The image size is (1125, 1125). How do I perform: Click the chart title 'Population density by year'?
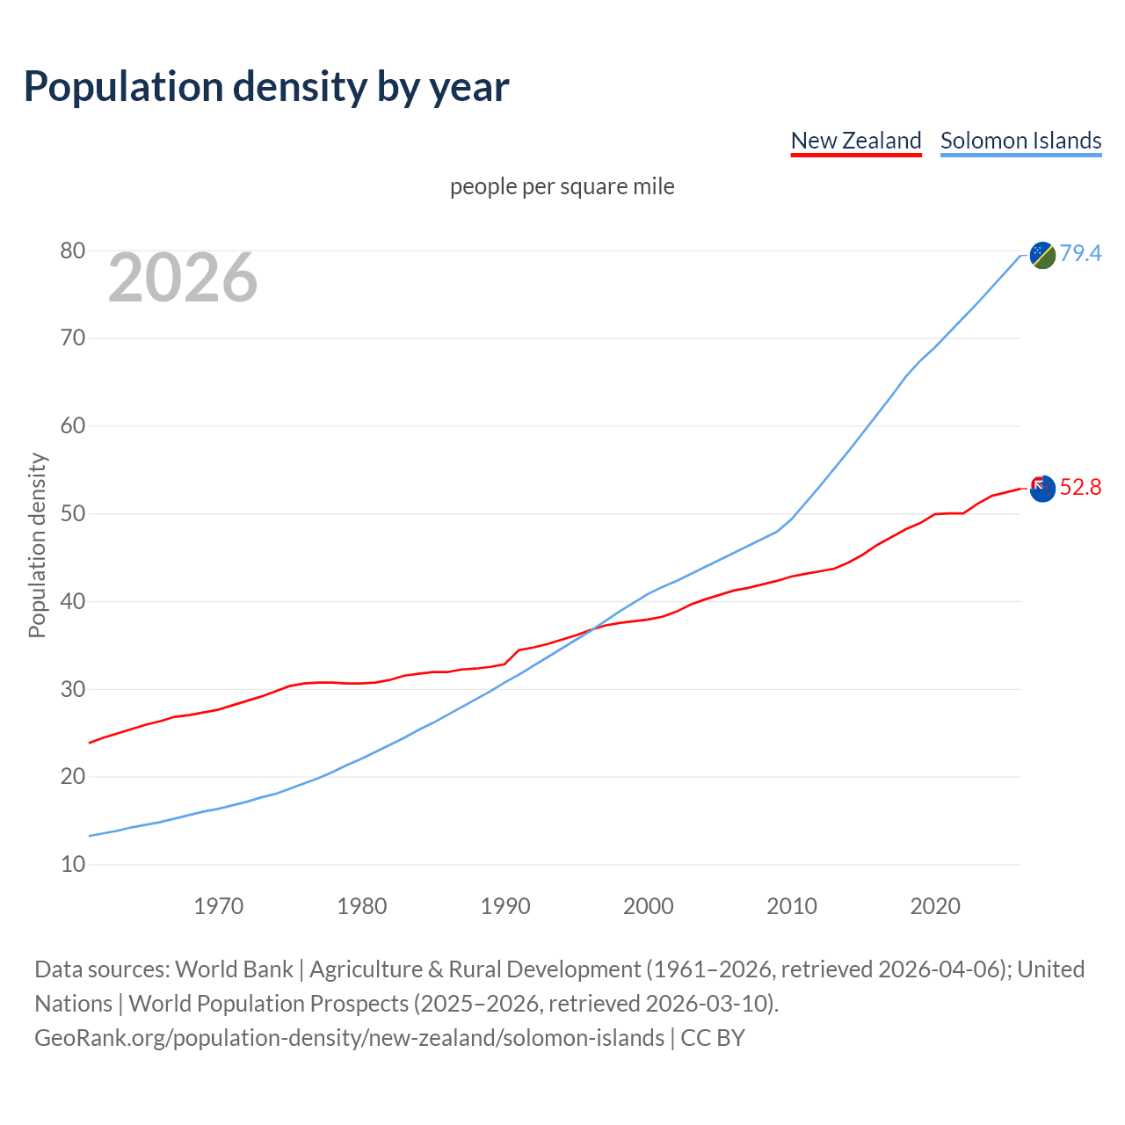point(266,86)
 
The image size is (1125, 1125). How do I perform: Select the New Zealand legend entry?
point(855,141)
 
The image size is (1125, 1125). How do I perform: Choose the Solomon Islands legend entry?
point(1020,141)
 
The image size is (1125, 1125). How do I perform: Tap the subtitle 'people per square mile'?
point(562,186)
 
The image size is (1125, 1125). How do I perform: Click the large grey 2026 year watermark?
point(183,278)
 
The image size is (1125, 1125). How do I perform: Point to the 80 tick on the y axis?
point(73,251)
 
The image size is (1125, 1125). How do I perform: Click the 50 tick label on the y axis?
point(73,514)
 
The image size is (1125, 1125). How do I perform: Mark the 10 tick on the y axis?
point(73,865)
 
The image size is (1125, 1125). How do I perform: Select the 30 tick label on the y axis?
point(73,690)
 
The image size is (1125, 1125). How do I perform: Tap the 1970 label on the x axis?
point(218,906)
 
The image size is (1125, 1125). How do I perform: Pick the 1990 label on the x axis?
point(505,906)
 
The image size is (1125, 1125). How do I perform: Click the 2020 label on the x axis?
point(935,906)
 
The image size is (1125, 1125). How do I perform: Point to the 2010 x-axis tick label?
point(792,906)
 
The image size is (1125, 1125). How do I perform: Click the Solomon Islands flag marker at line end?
point(1042,255)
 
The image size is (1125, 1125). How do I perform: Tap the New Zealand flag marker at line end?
point(1042,488)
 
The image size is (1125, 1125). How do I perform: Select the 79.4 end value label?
point(1080,253)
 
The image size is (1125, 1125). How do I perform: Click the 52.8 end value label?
point(1080,487)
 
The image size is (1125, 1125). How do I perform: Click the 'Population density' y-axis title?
point(37,545)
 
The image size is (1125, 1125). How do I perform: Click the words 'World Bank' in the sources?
point(234,969)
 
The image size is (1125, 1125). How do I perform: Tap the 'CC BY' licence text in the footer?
point(713,1038)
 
